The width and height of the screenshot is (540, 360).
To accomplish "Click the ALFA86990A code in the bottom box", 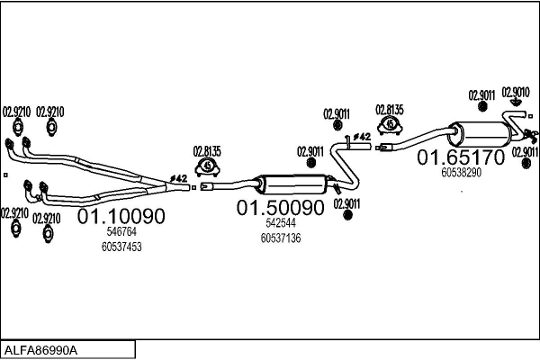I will point(41,349).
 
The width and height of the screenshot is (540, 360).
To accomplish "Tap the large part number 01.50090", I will point(279,208).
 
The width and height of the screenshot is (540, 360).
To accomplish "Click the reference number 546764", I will point(121,232).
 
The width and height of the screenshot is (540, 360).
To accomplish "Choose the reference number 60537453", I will point(121,246).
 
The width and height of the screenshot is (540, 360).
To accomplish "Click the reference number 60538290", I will point(462,172).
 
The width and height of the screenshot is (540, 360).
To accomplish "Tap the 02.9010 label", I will point(516,92).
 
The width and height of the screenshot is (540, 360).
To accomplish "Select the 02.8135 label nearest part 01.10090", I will point(207,151).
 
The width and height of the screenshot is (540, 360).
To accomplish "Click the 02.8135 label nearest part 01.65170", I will point(390,109).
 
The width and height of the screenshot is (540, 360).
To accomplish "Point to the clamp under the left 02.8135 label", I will point(208,166).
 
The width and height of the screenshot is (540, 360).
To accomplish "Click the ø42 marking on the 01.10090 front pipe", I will point(178,178).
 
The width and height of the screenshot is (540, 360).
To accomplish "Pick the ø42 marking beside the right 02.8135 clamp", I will point(361,137).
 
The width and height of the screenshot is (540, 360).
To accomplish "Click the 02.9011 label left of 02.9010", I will point(482,94).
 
